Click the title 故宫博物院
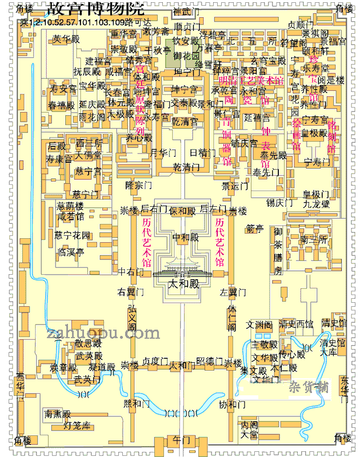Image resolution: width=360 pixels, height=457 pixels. pos(96,10)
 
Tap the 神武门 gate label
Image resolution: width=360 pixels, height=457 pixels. pos(184,11)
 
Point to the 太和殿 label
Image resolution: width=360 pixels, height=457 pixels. pos(183,283)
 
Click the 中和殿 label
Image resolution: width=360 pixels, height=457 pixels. pos(184,236)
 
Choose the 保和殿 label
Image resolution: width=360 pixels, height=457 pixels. pos(182,210)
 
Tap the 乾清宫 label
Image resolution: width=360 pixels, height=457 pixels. pos(185,122)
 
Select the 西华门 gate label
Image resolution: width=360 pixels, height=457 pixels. pos(21,384)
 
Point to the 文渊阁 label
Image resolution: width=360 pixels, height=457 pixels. pos(257,324)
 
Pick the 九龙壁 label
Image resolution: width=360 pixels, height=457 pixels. pos(316,203)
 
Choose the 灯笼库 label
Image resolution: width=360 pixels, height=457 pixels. pos(76,425)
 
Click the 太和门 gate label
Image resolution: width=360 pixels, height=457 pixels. pos(182,366)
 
